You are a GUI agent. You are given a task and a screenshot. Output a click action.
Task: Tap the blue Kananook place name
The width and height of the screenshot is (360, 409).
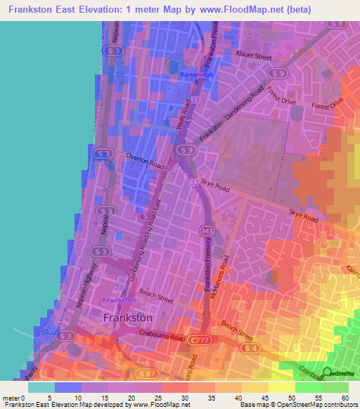coord(195,74)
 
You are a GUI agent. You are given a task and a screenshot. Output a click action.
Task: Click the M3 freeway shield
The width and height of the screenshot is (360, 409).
coord(206,231)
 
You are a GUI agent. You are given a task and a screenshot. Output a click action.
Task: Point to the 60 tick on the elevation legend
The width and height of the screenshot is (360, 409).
coord(345,398)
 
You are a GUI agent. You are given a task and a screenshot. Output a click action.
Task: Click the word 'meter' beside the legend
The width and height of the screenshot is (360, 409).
coord(11,398)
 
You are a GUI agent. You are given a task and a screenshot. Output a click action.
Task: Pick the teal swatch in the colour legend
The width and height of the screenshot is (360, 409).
coord(41,387)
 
